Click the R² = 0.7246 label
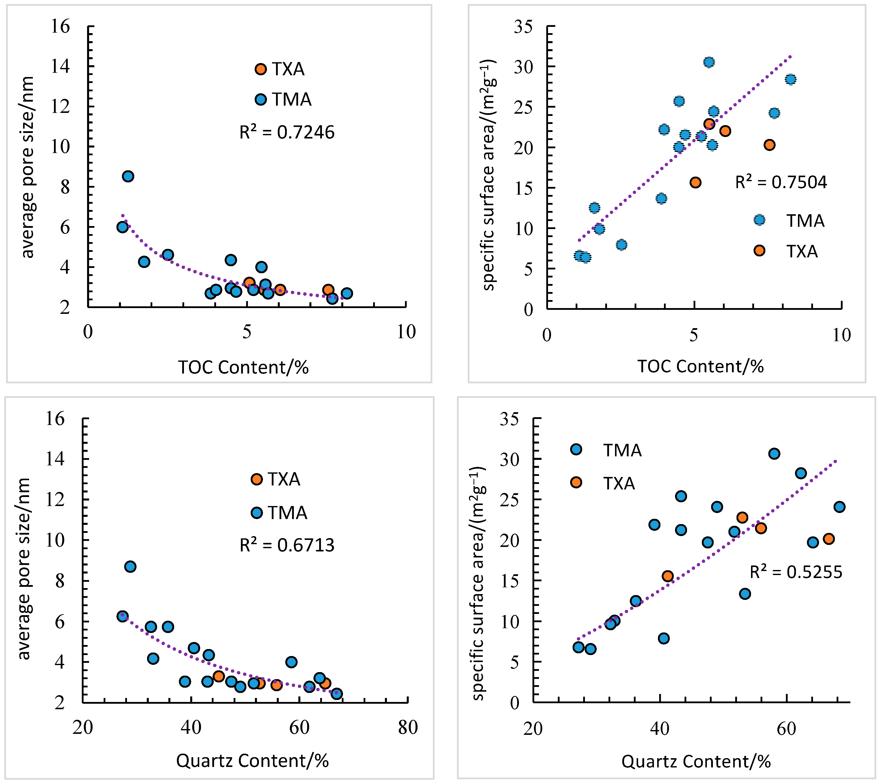[x=287, y=132]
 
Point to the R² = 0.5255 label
[x=796, y=572]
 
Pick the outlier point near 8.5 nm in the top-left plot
[x=128, y=176]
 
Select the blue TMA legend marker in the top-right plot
[x=759, y=220]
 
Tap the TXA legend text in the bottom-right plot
[x=619, y=484]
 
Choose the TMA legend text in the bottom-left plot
[x=287, y=513]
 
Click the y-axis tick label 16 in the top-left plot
[x=60, y=27]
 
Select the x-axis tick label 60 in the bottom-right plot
[x=786, y=729]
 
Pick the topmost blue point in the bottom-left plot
[x=130, y=566]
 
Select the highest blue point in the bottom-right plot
[x=774, y=454]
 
